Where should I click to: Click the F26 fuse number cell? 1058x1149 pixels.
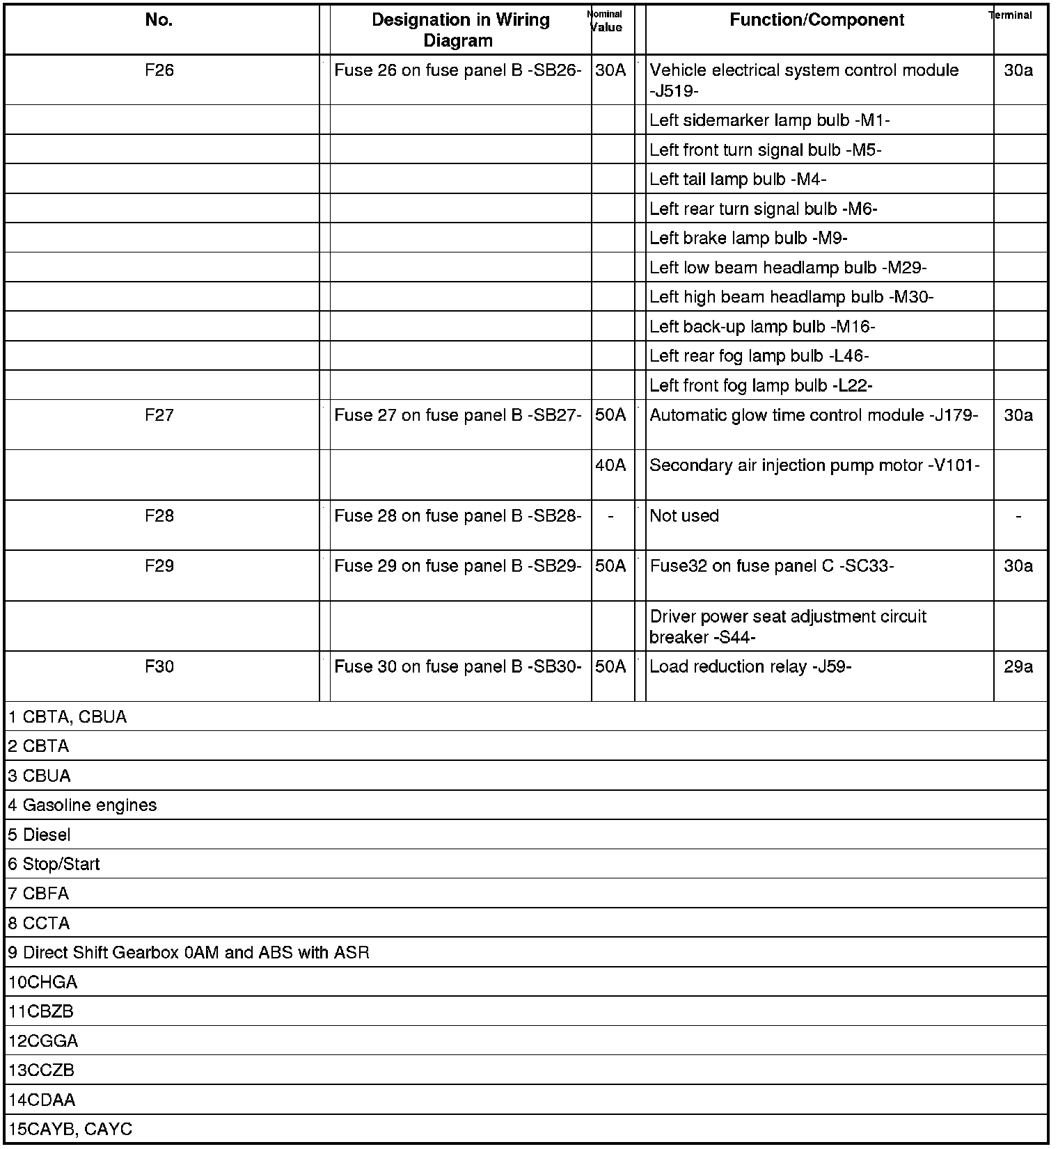159,71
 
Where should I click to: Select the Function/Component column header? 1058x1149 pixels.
816,20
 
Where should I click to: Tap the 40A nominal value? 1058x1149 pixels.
610,465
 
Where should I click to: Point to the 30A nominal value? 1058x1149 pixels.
610,71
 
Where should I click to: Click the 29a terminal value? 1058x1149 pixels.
1018,667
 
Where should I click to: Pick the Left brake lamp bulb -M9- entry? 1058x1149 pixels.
748,239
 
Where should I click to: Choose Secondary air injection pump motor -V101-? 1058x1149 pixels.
814,465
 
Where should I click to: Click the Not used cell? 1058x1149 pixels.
684,516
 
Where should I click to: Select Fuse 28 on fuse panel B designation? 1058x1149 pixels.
457,516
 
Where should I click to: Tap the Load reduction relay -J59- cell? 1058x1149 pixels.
750,667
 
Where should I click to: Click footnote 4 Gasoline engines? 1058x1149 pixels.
83,805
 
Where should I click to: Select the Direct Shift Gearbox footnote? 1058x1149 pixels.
189,953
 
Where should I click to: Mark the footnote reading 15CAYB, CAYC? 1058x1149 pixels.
70,1130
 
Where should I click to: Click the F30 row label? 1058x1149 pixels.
159,667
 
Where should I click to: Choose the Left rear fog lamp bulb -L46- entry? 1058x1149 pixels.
759,356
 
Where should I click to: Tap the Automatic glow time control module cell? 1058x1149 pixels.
814,415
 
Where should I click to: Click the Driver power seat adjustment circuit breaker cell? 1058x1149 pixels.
788,626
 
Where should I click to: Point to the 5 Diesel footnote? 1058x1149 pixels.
40,835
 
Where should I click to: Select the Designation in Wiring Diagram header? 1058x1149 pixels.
460,30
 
